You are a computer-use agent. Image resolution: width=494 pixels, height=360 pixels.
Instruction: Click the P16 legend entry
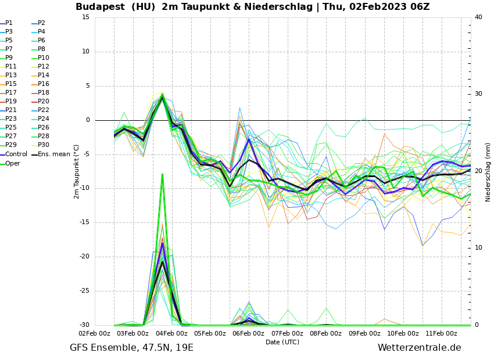[44, 84]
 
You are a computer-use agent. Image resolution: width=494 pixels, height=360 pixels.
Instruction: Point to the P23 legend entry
[11, 119]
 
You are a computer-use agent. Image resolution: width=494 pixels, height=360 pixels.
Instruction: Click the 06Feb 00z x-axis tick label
[249, 334]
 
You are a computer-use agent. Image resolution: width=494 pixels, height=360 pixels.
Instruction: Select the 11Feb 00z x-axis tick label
[442, 334]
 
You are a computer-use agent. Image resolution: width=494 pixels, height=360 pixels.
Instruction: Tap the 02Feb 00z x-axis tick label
[95, 334]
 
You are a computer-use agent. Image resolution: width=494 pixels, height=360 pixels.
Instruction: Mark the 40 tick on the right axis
[478, 17]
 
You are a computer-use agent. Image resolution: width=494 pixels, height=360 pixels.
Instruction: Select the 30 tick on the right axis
[478, 94]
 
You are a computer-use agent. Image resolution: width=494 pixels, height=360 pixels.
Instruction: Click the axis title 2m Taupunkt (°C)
[77, 171]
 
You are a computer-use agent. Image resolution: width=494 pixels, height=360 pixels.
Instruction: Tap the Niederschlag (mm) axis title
[488, 171]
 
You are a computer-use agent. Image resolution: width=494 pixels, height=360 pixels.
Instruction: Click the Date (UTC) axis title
[282, 343]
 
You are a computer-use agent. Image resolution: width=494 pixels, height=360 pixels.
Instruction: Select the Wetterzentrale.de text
[419, 348]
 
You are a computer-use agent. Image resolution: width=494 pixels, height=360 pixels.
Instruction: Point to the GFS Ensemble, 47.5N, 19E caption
[131, 348]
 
